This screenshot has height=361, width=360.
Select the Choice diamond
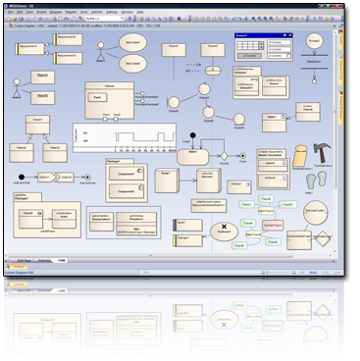224,156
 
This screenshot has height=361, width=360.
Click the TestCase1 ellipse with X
223,232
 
